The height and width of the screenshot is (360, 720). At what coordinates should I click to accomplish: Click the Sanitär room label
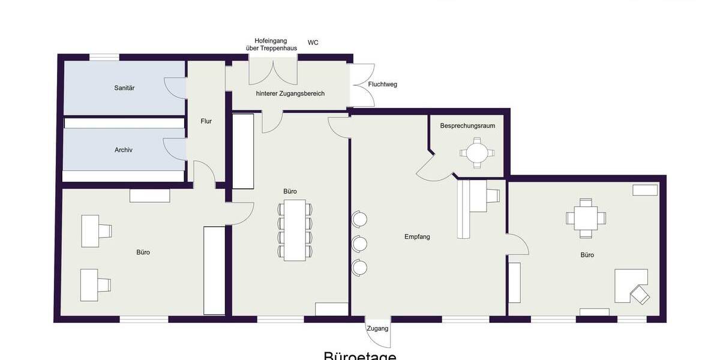(124, 88)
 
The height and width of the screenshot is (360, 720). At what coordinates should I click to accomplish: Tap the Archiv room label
(123, 150)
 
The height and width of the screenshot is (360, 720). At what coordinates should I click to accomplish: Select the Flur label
(206, 121)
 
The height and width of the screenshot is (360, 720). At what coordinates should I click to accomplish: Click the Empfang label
(417, 236)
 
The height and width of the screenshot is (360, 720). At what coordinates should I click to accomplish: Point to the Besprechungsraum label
(467, 126)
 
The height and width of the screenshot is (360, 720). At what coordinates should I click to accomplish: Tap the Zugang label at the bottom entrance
(378, 329)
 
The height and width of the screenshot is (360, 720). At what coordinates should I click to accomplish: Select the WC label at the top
(313, 43)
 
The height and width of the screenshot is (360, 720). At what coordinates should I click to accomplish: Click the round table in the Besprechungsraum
(478, 152)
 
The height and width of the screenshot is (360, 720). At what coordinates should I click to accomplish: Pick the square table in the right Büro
(586, 217)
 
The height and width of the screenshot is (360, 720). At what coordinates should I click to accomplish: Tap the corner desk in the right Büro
(630, 286)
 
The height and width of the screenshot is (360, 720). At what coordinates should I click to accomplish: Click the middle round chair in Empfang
(359, 244)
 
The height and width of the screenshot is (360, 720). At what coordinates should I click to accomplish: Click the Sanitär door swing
(174, 88)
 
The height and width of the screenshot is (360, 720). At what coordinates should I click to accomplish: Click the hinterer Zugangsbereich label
(290, 94)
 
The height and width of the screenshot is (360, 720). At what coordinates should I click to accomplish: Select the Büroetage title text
(360, 356)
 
